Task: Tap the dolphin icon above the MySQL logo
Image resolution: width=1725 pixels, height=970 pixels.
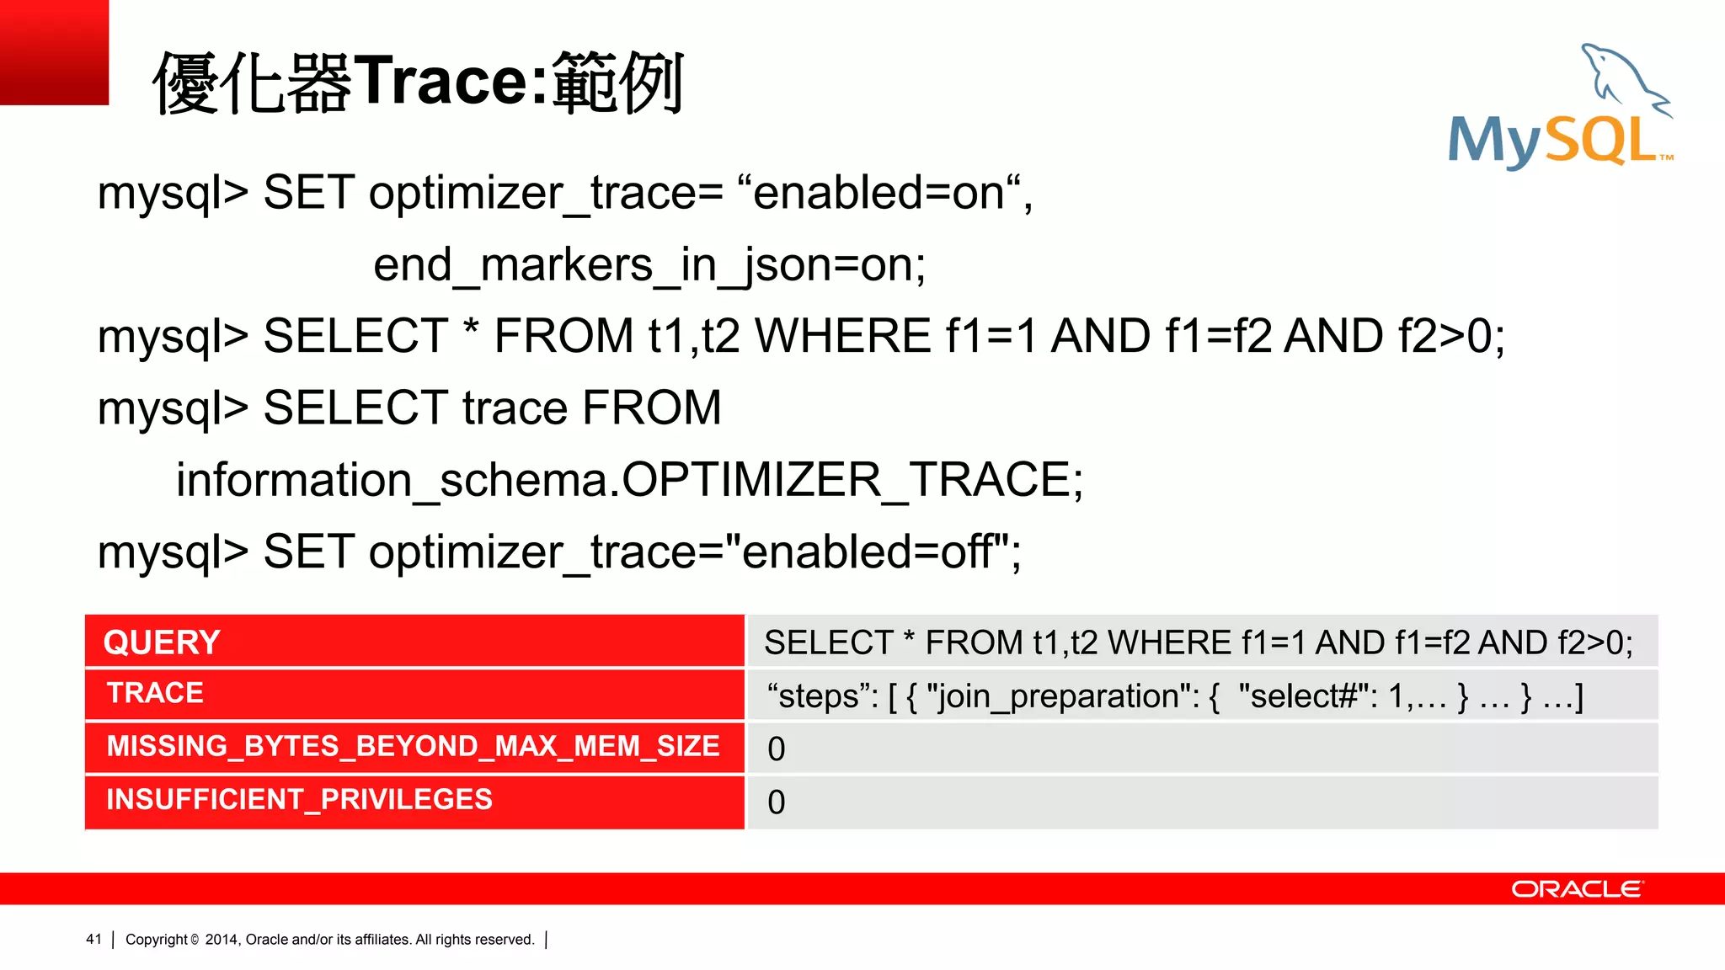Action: [x=1626, y=80]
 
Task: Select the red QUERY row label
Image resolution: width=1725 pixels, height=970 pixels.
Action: [x=162, y=642]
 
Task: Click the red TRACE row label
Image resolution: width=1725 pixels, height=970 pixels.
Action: [x=155, y=693]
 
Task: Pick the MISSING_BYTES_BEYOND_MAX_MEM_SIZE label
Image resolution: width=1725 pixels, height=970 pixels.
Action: [x=413, y=746]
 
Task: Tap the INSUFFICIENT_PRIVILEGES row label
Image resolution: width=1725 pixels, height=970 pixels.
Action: [x=299, y=799]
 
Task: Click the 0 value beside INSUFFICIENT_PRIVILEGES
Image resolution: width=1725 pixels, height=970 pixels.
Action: [x=777, y=802]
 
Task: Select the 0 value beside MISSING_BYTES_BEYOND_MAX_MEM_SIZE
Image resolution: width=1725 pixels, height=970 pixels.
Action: [x=777, y=749]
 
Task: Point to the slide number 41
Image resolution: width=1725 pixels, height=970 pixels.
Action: [x=93, y=939]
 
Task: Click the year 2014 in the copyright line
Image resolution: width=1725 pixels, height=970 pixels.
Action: [x=222, y=940]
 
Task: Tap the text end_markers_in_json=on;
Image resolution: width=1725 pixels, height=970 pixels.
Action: [x=649, y=265]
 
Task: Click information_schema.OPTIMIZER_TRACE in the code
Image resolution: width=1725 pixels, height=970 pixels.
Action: [x=629, y=480]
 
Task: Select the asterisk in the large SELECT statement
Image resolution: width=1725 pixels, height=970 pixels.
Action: [x=471, y=330]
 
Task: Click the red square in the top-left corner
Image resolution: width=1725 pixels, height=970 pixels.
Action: [x=54, y=52]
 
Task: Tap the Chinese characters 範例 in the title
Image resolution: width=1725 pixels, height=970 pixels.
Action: [x=618, y=82]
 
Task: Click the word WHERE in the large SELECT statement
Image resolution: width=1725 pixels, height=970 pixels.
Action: [x=842, y=337]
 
